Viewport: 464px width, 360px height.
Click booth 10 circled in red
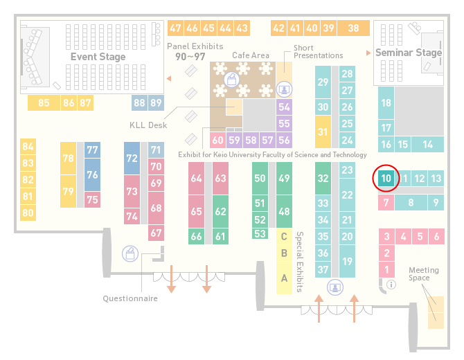[x=386, y=178]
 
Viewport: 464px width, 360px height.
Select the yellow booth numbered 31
[x=323, y=132]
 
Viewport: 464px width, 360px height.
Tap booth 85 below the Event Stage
[x=44, y=102]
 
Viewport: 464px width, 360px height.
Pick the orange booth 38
[x=354, y=28]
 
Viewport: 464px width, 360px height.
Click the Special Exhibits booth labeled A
[x=284, y=278]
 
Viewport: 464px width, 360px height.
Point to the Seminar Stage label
[x=409, y=53]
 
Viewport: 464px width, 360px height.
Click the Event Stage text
[x=98, y=57]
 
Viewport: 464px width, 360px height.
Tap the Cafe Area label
[x=251, y=55]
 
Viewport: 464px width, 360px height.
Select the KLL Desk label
[x=148, y=125]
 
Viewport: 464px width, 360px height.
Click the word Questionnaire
[x=130, y=298]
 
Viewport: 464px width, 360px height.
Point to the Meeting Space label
[x=423, y=274]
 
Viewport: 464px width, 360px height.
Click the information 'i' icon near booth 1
[x=391, y=285]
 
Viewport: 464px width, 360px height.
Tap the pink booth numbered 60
[x=217, y=140]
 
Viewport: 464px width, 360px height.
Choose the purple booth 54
[x=284, y=107]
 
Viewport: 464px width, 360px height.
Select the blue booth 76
[x=92, y=174]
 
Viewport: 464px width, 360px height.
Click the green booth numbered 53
[x=260, y=234]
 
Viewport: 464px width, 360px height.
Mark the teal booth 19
[x=347, y=261]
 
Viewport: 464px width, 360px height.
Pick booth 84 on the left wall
[x=28, y=147]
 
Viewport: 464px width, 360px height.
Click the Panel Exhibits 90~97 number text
[x=190, y=57]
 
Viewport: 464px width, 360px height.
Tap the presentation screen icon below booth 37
[x=335, y=287]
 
